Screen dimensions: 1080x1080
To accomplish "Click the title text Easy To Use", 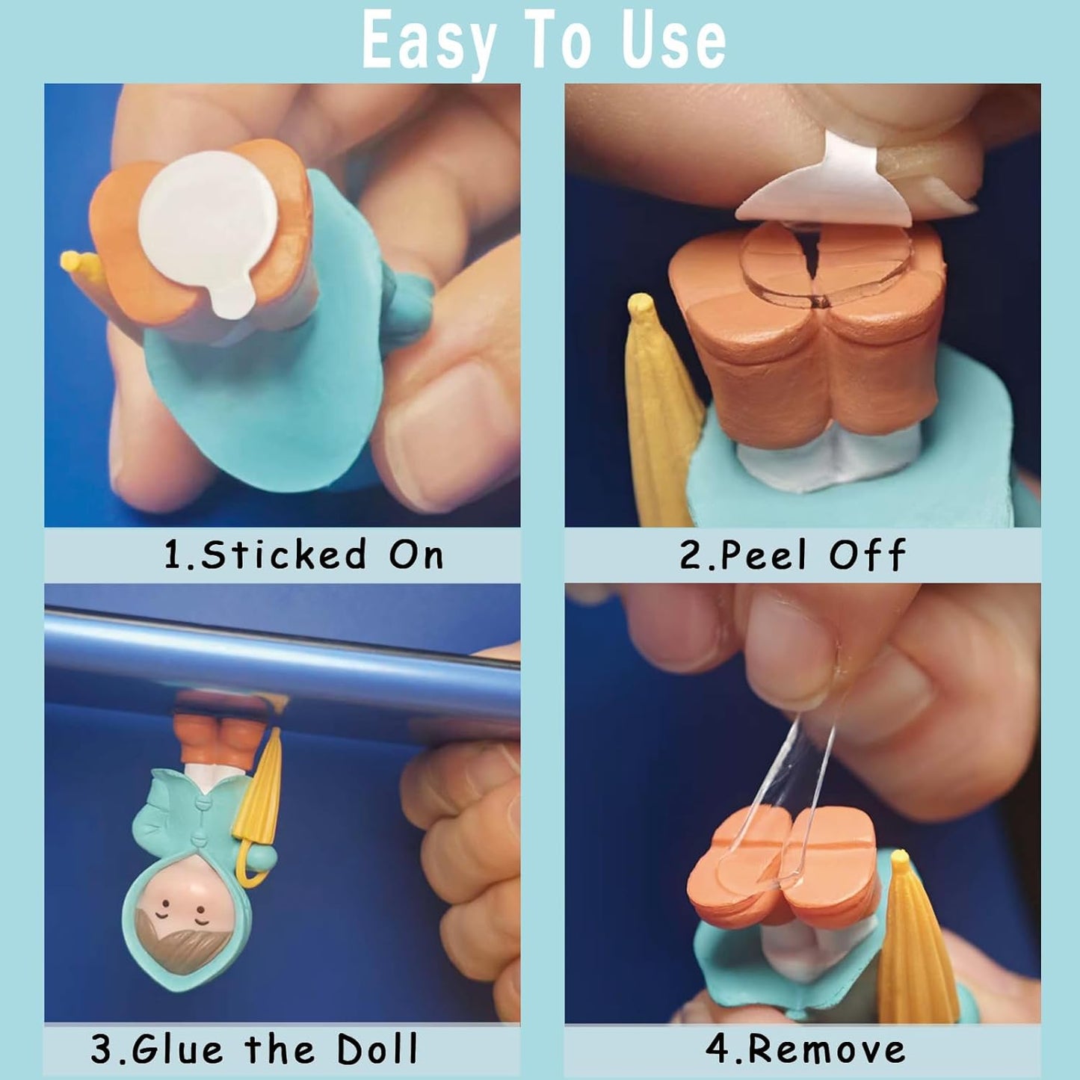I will [x=543, y=41].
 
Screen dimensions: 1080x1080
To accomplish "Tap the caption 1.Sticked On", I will [x=303, y=555].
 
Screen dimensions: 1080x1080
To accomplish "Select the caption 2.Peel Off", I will [x=792, y=555].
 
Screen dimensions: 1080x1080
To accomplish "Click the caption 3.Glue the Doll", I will [x=254, y=1049].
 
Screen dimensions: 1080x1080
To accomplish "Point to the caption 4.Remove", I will [x=805, y=1049].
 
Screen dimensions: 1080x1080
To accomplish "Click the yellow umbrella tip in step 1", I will [x=75, y=264].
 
